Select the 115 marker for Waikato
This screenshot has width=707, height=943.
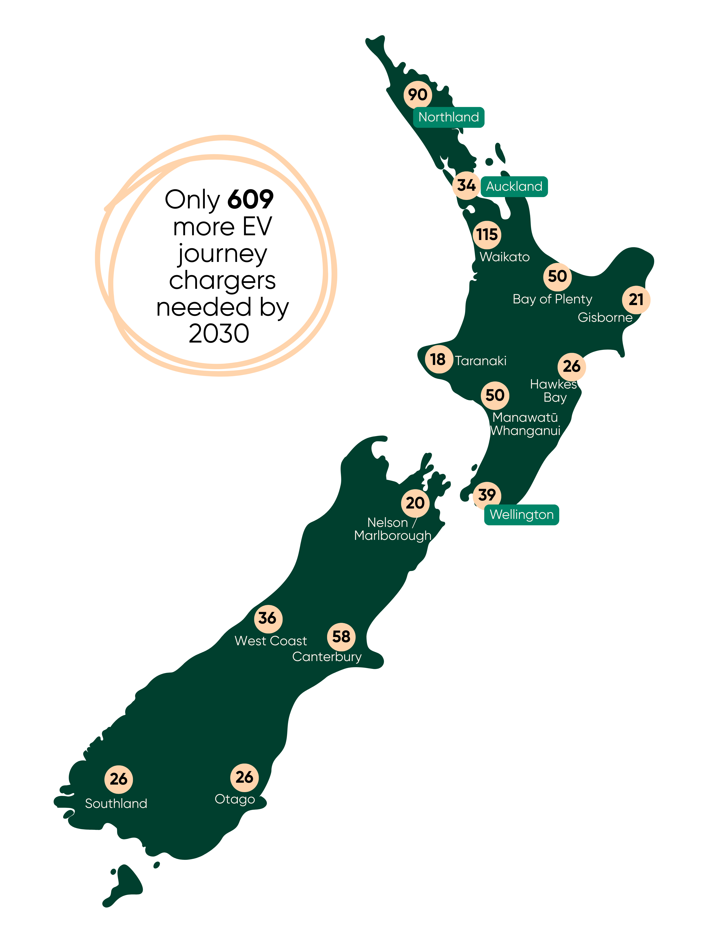[487, 235]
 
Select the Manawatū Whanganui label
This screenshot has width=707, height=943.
[525, 424]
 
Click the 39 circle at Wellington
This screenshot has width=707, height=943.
[487, 495]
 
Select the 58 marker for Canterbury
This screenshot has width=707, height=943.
[341, 637]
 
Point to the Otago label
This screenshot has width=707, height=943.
[234, 799]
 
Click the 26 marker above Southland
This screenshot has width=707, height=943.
[119, 779]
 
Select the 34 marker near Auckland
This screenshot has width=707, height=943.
[466, 186]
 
